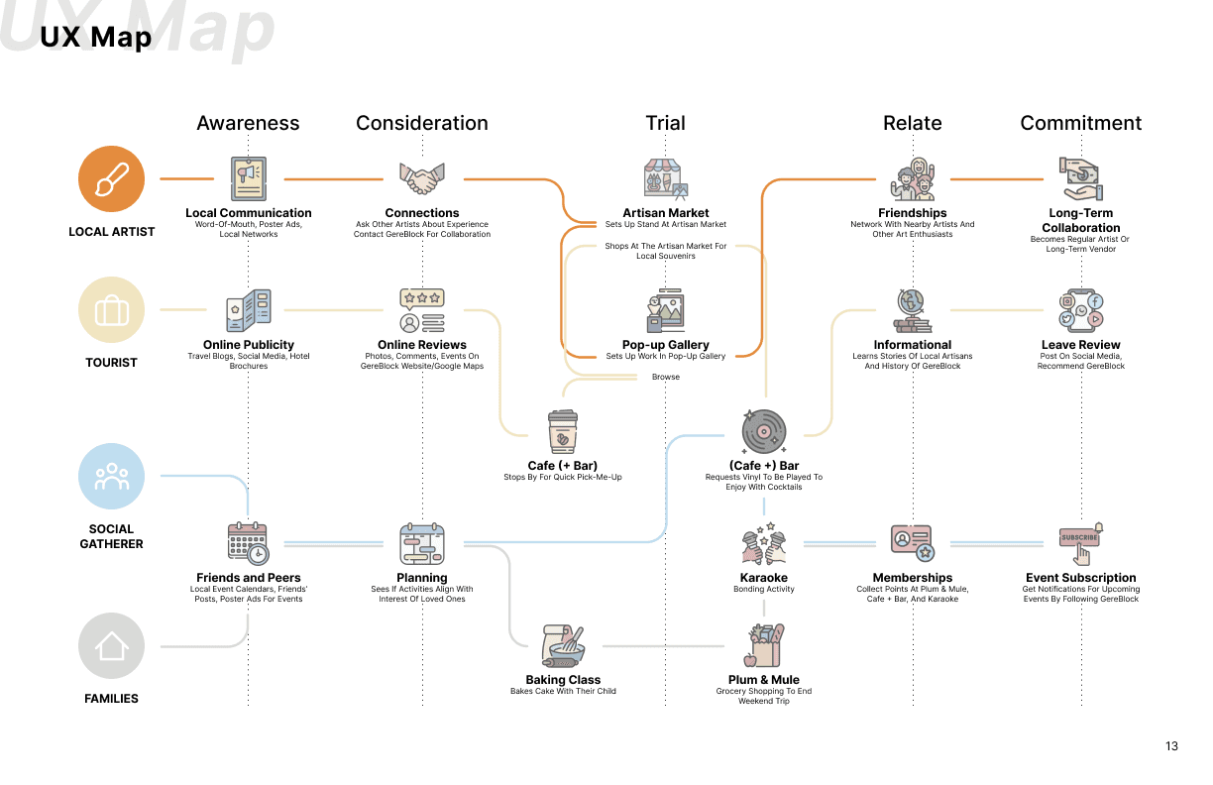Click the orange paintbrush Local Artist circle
click(x=112, y=179)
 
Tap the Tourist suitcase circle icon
click(x=112, y=310)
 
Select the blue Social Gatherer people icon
click(x=112, y=477)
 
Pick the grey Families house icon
click(x=112, y=646)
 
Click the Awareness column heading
click(x=248, y=123)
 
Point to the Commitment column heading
click(x=1081, y=123)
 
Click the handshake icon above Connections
click(x=422, y=179)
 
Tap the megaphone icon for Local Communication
click(x=248, y=179)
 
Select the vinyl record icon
click(x=764, y=432)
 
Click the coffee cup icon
click(x=563, y=433)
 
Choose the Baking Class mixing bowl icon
click(x=563, y=646)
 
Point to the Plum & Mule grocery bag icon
click(x=764, y=646)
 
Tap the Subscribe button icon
click(x=1081, y=542)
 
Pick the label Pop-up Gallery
click(x=666, y=345)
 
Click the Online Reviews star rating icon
click(x=422, y=310)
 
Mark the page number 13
click(x=1172, y=746)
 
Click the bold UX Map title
click(x=96, y=38)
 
